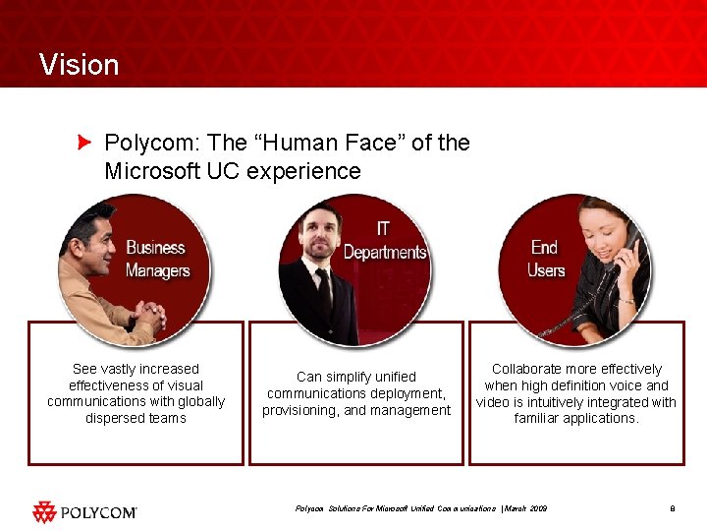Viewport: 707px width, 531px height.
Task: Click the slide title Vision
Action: pos(79,65)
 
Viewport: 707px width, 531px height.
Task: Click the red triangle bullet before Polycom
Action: pos(84,143)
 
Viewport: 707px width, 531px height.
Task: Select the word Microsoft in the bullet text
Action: pos(152,171)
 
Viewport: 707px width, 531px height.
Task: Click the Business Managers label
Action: pos(156,259)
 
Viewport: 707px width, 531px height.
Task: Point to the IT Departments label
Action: pos(385,241)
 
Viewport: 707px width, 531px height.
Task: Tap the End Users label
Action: pos(546,258)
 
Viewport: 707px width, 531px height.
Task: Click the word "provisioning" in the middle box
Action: pos(299,410)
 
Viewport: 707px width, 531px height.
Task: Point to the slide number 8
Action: pos(673,508)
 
